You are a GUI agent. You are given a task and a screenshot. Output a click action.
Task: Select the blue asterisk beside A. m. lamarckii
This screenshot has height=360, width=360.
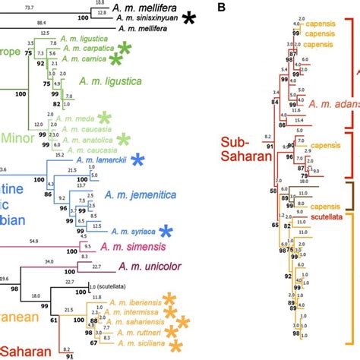[x=137, y=160]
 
